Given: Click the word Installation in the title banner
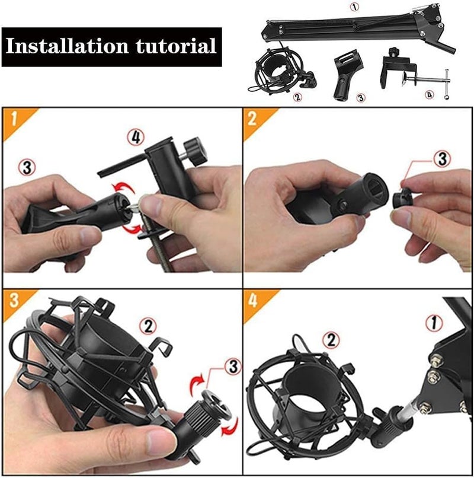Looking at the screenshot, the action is (67, 46).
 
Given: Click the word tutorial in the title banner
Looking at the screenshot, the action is (176, 46).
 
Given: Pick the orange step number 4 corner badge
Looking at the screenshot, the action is (257, 302).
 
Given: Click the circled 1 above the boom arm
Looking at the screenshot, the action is (355, 7).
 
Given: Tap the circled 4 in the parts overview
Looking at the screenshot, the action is (429, 95).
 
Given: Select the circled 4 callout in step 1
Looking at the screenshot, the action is (136, 138).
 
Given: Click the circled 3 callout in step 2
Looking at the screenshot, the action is (443, 159).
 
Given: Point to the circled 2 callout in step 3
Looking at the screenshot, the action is (148, 327).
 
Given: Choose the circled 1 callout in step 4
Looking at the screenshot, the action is (434, 323).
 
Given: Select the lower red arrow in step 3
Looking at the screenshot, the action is (230, 426).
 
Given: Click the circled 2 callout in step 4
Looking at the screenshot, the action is (331, 340).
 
